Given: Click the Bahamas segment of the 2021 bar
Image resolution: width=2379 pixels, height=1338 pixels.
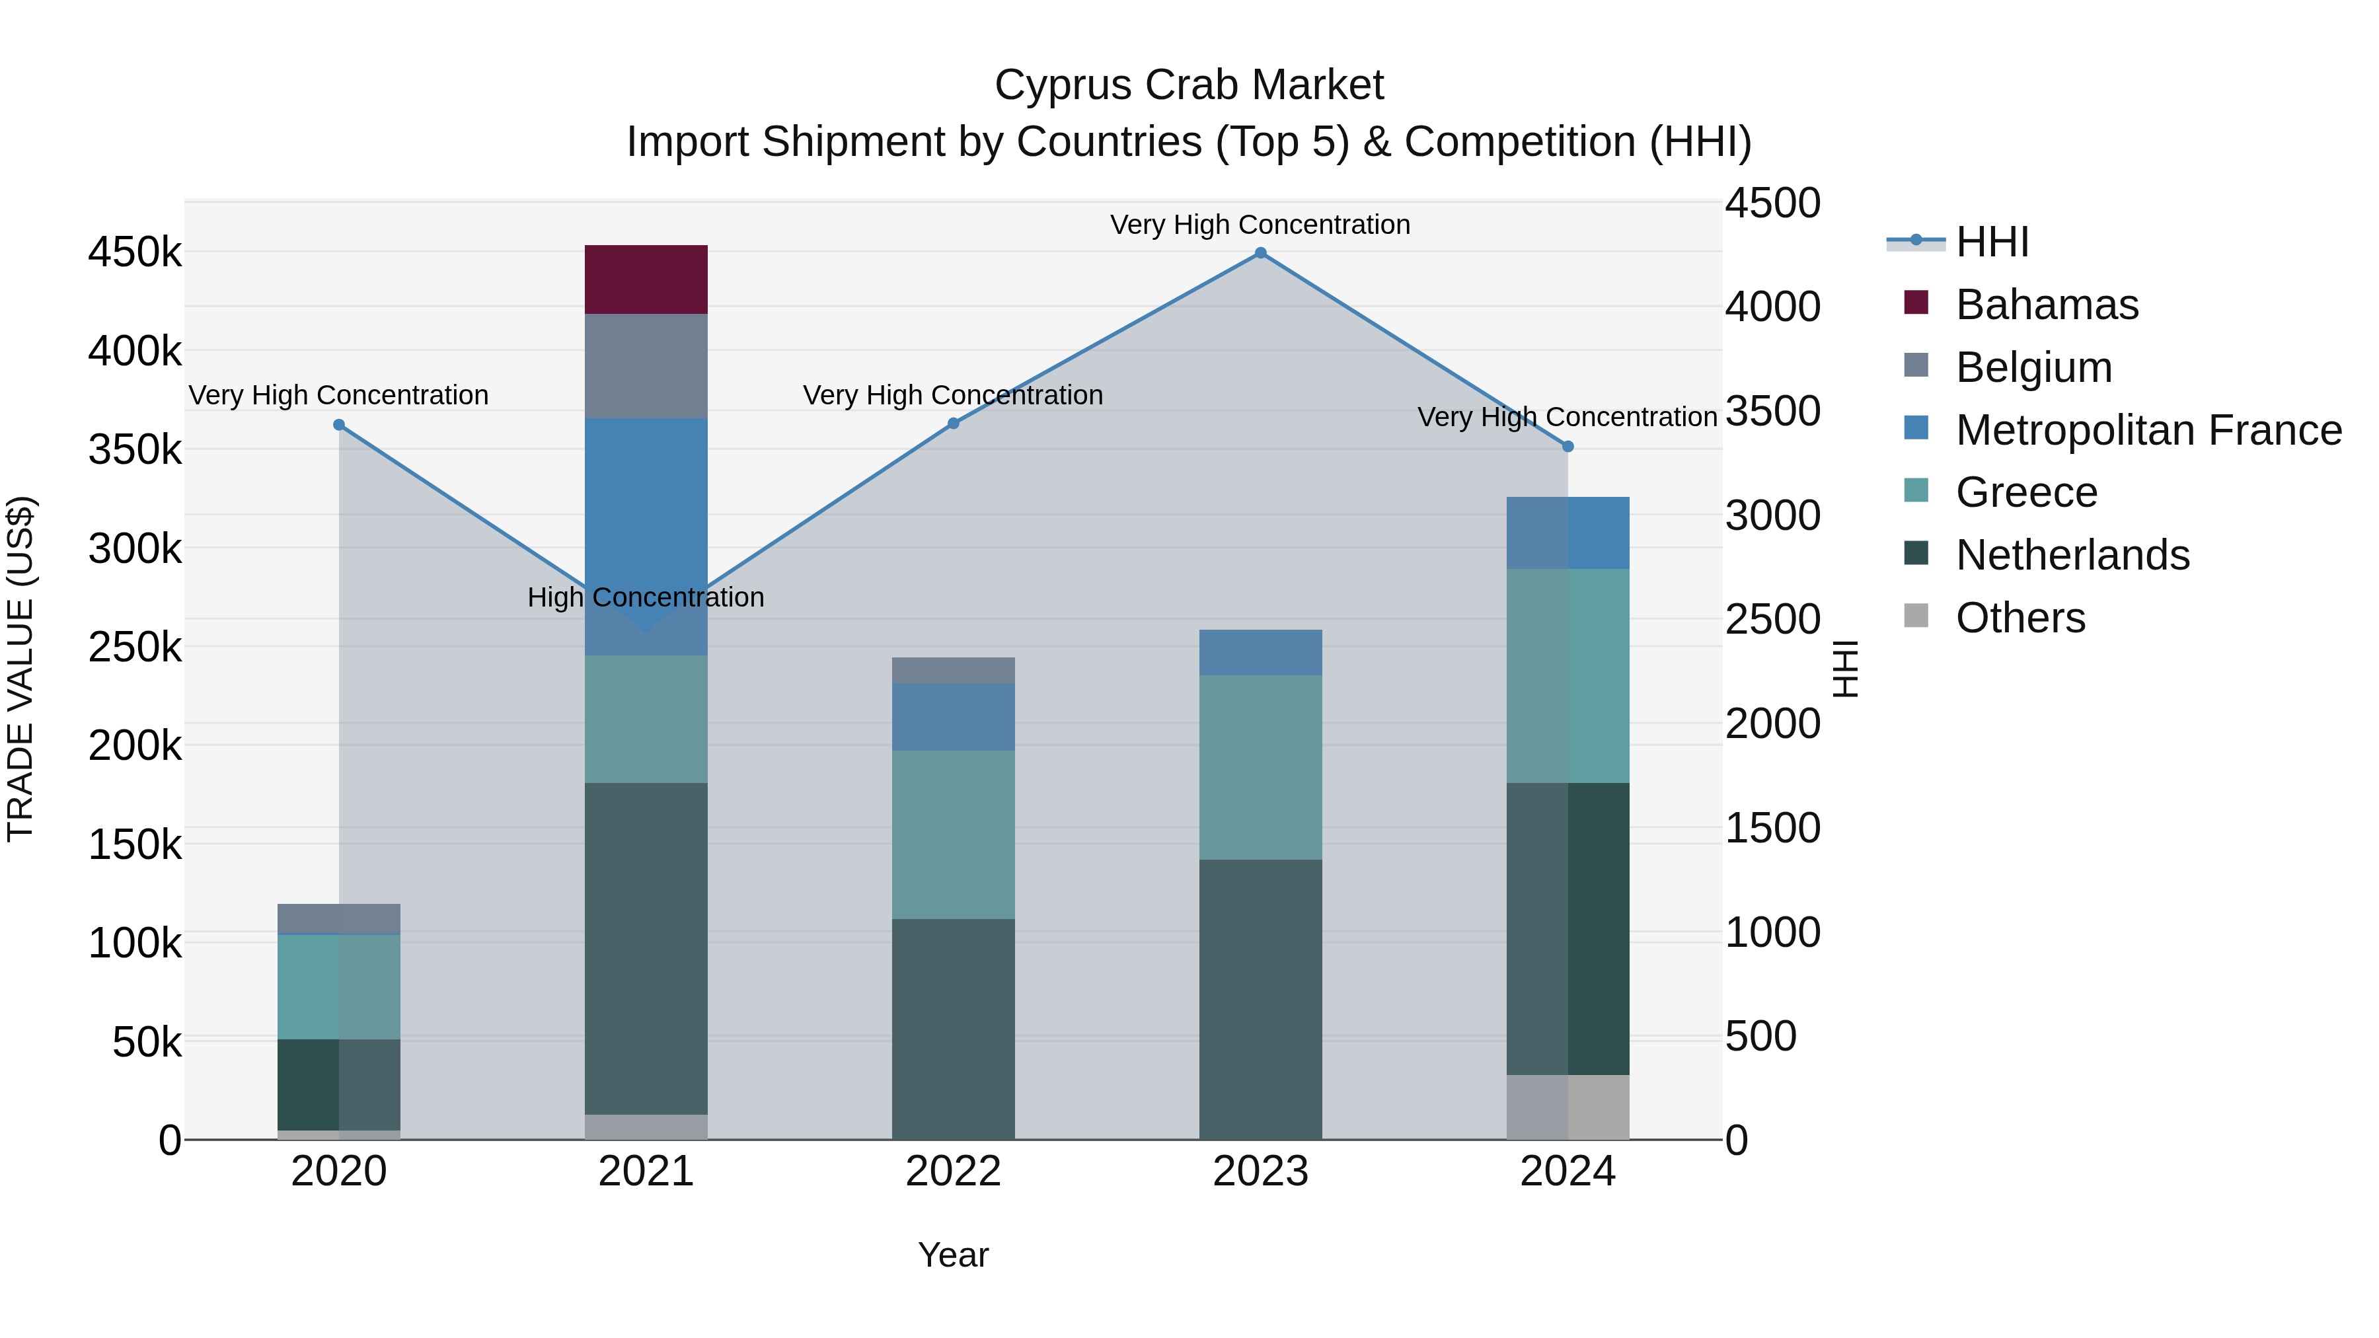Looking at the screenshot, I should coord(646,279).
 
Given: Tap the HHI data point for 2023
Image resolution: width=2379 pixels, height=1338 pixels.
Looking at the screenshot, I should coord(1261,253).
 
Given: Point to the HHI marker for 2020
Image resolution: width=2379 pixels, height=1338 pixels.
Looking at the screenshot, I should coord(339,425).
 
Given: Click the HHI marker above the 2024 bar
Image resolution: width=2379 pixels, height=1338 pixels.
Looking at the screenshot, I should coord(1568,447).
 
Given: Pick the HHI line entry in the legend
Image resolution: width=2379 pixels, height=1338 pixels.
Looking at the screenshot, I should coord(1991,242).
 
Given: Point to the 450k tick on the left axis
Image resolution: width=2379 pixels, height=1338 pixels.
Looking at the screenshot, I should coord(135,252).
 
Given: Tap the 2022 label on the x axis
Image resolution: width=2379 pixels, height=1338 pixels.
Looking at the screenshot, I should coord(953,1171).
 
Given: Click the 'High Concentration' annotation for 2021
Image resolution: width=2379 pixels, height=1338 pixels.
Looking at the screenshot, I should coord(646,597).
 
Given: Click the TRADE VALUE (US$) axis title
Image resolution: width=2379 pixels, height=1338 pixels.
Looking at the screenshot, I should coord(20,669).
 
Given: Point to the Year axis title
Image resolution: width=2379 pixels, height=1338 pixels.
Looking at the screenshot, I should coord(953,1255).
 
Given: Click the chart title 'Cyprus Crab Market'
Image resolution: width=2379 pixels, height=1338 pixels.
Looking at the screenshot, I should coord(1189,85).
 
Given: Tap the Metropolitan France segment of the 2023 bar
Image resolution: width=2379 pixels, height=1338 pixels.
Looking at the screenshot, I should coord(1261,652).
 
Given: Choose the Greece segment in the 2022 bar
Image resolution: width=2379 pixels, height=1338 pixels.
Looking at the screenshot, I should coord(953,834).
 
